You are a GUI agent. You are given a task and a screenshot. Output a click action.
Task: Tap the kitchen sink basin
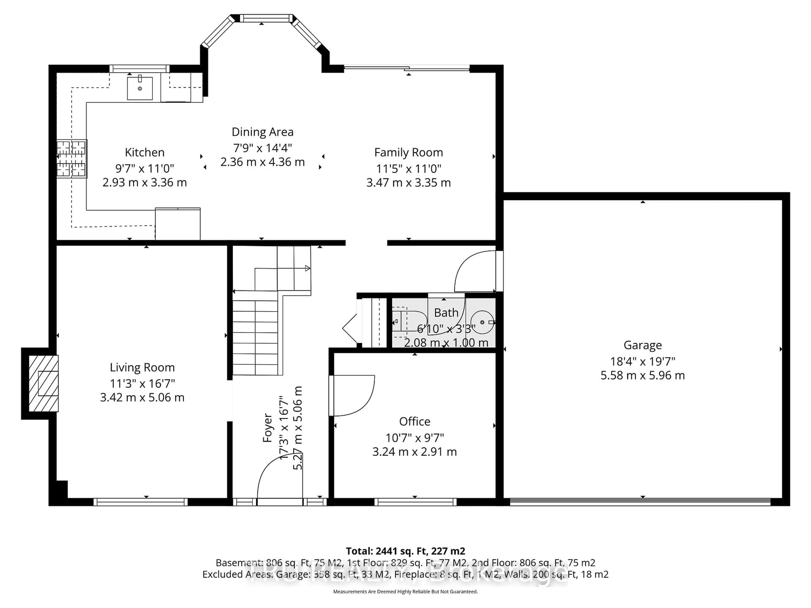pyautogui.click(x=140, y=88)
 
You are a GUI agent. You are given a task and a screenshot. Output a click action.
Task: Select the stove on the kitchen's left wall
pyautogui.click(x=72, y=159)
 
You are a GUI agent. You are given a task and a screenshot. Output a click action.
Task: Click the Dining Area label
pyautogui.click(x=263, y=132)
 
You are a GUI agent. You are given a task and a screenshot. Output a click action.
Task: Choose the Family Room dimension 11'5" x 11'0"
pyautogui.click(x=408, y=169)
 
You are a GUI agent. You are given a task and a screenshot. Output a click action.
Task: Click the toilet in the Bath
pyautogui.click(x=409, y=321)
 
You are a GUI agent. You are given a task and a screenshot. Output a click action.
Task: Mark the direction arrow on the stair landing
pyautogui.click(x=308, y=268)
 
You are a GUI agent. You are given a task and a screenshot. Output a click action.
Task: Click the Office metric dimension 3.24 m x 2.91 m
pyautogui.click(x=414, y=452)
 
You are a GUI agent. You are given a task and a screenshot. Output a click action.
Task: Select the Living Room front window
pyautogui.click(x=140, y=502)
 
